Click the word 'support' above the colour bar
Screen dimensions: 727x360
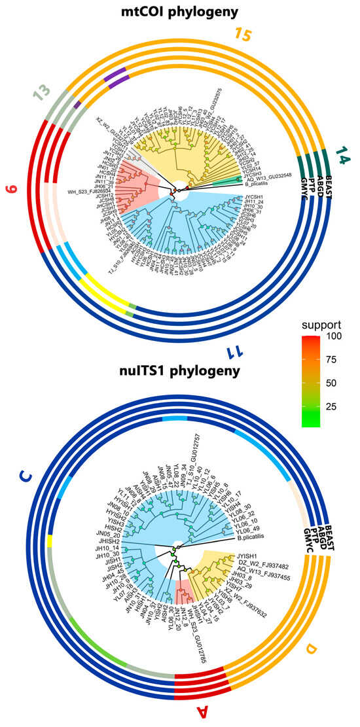(318, 325)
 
